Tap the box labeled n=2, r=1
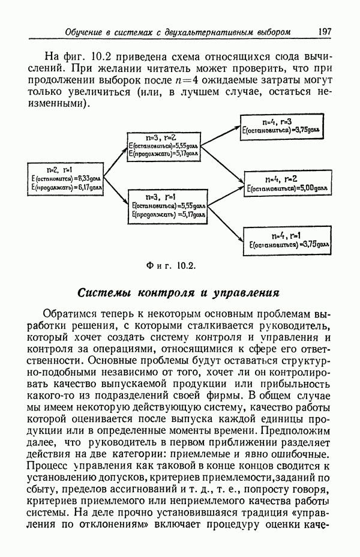67,178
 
